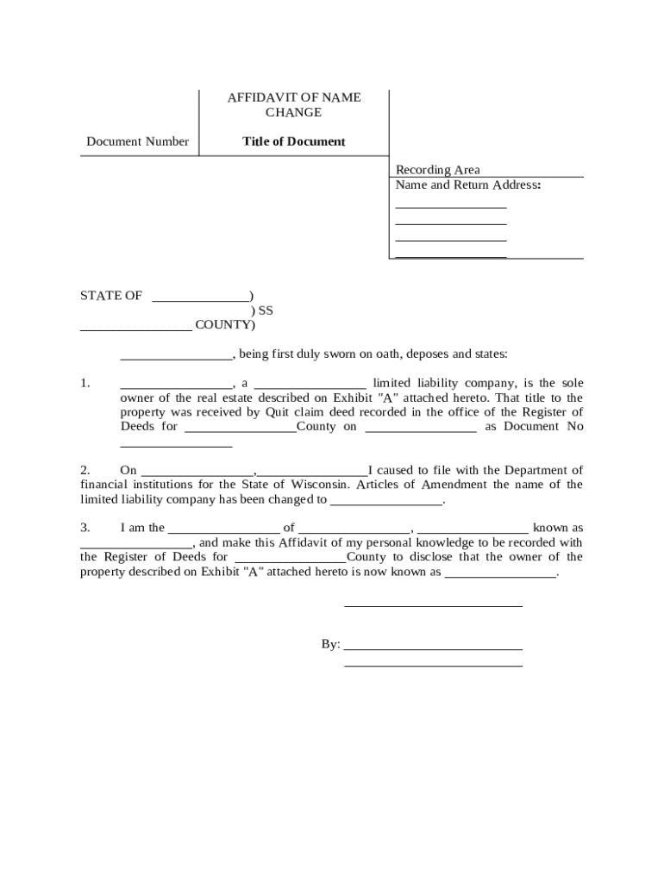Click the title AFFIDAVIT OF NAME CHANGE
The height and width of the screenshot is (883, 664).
tap(294, 105)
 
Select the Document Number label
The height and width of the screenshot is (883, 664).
tap(137, 141)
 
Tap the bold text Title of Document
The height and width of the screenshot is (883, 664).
tap(294, 141)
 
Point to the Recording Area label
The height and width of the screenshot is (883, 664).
tap(437, 170)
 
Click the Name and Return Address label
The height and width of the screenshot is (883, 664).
tap(467, 185)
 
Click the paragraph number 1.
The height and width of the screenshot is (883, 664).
tap(85, 383)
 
